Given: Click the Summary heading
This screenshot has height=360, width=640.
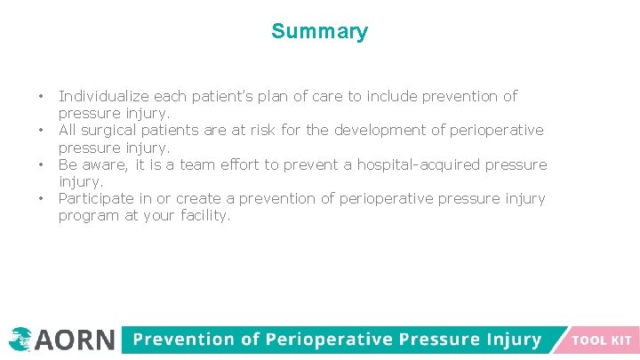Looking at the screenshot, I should pos(319,32).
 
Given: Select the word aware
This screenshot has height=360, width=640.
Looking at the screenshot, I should pos(102,165).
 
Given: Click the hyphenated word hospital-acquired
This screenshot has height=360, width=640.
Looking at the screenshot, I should pos(397,165).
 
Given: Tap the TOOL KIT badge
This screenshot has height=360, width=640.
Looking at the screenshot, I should pos(602,340).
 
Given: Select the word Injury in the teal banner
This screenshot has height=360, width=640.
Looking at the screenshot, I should pos(509,340).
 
